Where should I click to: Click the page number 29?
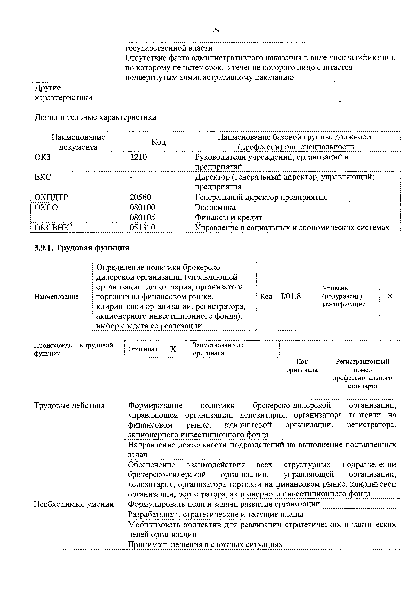pyautogui.click(x=216, y=30)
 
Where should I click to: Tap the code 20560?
pyautogui.click(x=140, y=197)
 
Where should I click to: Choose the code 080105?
pyautogui.click(x=142, y=217)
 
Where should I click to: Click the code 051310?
pyautogui.click(x=142, y=227)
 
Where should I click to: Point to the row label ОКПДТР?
pyautogui.click(x=51, y=197)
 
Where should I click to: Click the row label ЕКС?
pyautogui.click(x=43, y=177)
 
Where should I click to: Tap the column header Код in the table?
pyautogui.click(x=158, y=142)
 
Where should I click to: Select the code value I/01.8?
pyautogui.click(x=291, y=296)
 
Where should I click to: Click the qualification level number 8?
pyautogui.click(x=390, y=296)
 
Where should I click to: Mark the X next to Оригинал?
pyautogui.click(x=173, y=349)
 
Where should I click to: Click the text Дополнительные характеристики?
pyautogui.click(x=95, y=117)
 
